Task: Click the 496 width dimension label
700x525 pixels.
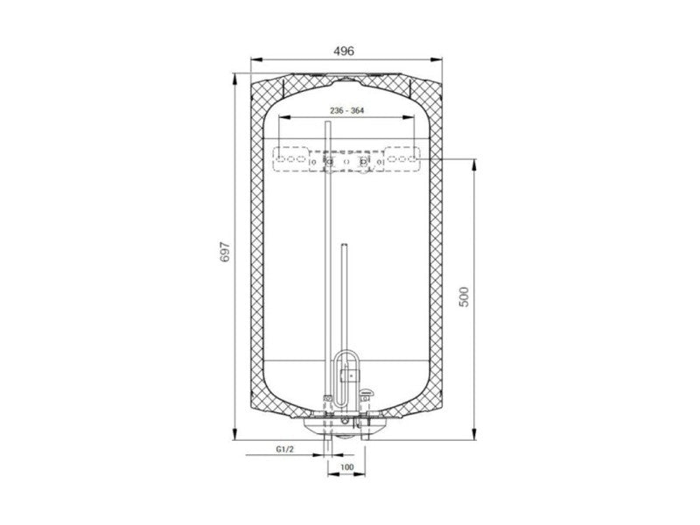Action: [344, 51]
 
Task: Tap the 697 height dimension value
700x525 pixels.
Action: [226, 252]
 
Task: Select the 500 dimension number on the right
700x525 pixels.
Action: [465, 297]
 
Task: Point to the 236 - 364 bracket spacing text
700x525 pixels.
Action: [346, 110]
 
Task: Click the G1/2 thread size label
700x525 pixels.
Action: [285, 449]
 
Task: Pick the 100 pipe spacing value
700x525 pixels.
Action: [346, 467]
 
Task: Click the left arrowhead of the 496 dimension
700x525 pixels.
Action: [256, 59]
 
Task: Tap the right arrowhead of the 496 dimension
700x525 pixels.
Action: [436, 59]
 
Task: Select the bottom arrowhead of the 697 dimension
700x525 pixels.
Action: [234, 433]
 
